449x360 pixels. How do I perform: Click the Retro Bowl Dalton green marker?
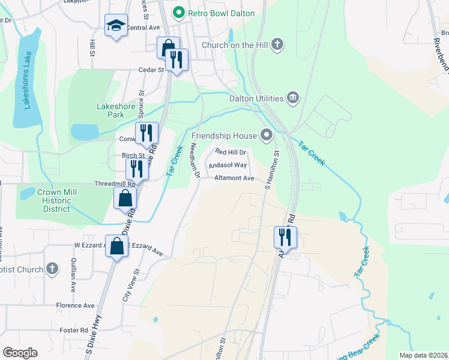[178, 13]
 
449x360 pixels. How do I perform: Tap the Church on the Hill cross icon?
[277, 44]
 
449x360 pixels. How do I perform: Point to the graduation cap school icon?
[116, 25]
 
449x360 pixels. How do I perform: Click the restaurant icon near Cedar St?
[176, 59]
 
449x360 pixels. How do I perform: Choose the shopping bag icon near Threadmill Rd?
[124, 198]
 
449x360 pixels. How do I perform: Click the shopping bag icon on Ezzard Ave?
[117, 245]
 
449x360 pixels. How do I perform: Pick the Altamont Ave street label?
[235, 178]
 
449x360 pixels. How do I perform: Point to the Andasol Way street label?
[228, 165]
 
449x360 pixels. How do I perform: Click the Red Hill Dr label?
[231, 152]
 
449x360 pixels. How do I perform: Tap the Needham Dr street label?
[194, 161]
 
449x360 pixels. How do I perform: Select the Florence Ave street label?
[75, 305]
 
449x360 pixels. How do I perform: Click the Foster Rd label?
[74, 330]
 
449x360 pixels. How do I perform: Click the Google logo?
[20, 353]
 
